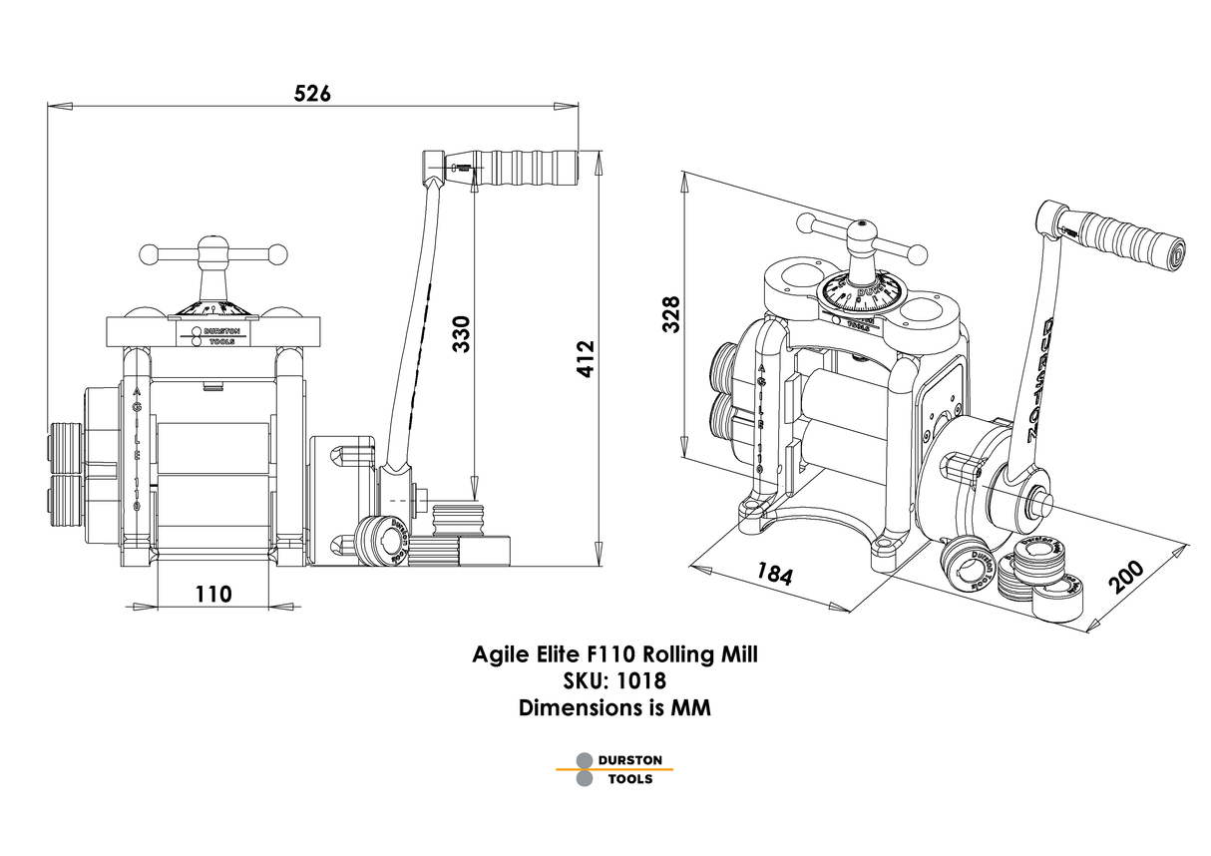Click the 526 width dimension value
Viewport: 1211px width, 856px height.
point(312,93)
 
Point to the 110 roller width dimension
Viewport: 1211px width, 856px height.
point(213,594)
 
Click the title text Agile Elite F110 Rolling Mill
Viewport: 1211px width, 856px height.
point(614,655)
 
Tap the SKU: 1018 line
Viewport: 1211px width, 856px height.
point(614,680)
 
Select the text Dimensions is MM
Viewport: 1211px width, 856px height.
point(614,707)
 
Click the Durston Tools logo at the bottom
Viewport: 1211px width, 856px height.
point(615,768)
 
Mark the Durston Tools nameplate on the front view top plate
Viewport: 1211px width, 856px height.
point(212,335)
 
